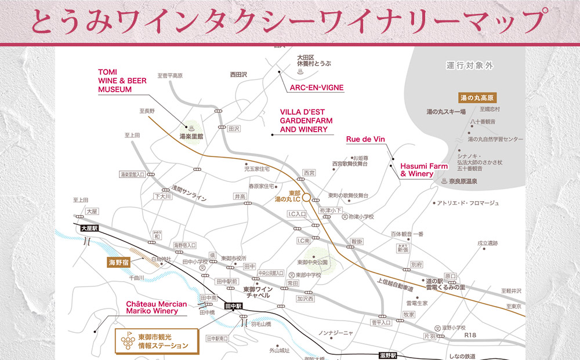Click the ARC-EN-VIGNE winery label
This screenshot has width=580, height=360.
[x=316, y=88]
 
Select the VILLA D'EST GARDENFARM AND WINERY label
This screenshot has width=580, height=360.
[x=304, y=121]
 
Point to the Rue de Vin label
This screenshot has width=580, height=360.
[x=365, y=139]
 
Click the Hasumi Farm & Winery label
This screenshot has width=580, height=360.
[x=423, y=170]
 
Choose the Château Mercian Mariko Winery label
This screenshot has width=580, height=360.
[x=156, y=307]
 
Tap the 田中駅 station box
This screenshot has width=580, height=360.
[x=233, y=306]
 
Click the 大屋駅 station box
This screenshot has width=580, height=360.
[x=90, y=229]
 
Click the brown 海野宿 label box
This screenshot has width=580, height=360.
[x=121, y=263]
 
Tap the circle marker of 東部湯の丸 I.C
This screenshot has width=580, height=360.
[x=306, y=197]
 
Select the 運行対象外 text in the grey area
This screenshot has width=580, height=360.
[x=470, y=66]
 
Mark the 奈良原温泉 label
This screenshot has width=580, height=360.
[x=462, y=181]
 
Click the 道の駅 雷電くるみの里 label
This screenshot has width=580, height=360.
[x=445, y=284]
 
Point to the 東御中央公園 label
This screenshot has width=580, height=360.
[x=313, y=262]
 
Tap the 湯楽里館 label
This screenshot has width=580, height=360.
[x=191, y=137]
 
